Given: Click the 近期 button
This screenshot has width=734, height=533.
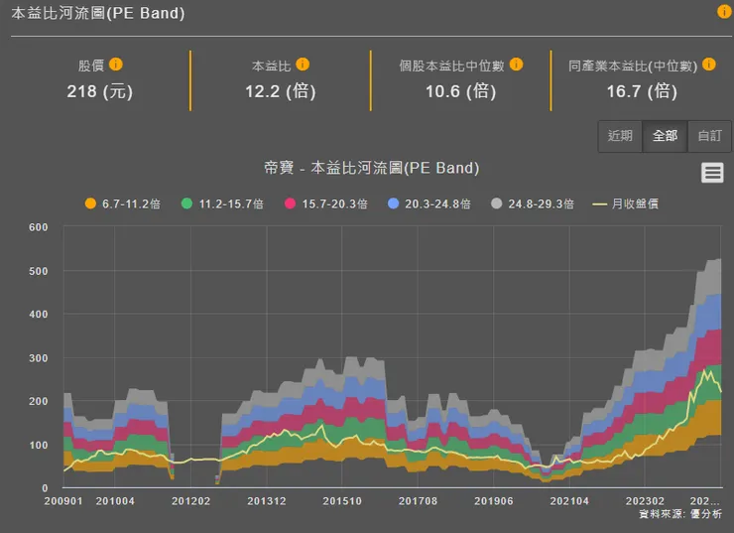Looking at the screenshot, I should point(621,136).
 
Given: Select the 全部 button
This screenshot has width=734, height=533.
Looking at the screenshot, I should point(665,136).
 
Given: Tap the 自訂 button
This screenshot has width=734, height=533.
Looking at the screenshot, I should point(709,136).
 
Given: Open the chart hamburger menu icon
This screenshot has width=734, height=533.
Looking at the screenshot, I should point(712,173).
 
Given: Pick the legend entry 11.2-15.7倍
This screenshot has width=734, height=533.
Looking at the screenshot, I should point(222,203).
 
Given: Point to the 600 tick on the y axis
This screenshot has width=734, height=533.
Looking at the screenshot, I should point(39,227).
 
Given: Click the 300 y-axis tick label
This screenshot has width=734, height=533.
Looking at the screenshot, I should point(39,358).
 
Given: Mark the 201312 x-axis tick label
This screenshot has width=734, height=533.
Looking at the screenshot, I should point(266,502).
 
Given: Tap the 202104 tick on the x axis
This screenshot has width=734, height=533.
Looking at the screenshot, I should point(568,502).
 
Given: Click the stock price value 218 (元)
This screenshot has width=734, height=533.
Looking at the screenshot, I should point(99,91).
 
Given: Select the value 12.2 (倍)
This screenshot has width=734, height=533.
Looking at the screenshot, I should point(281,91).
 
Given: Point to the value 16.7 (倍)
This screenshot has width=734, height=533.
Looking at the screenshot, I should point(641,91).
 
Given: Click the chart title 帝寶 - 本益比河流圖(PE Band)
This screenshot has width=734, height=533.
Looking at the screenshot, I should point(371,168).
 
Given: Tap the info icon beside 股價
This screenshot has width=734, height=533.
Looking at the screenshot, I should point(116,65).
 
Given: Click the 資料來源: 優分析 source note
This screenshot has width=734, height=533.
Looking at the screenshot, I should point(680,515).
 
